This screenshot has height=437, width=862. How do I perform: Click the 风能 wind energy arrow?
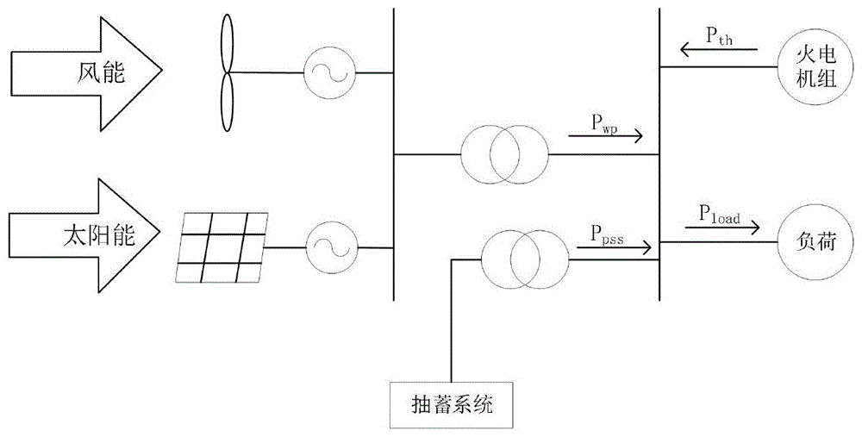click(x=86, y=74)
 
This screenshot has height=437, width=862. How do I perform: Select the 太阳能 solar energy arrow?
click(x=86, y=235)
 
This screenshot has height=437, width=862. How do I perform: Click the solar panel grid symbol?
click(x=219, y=246)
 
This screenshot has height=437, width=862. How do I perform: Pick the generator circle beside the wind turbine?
click(x=328, y=74)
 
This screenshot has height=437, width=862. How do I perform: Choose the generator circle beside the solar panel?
click(x=328, y=246)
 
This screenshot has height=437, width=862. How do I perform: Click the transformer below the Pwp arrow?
click(x=504, y=154)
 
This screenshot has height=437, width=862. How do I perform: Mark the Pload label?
click(x=721, y=213)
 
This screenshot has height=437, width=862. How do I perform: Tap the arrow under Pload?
click(x=722, y=228)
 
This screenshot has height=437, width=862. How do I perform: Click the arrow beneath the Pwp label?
click(x=606, y=136)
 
